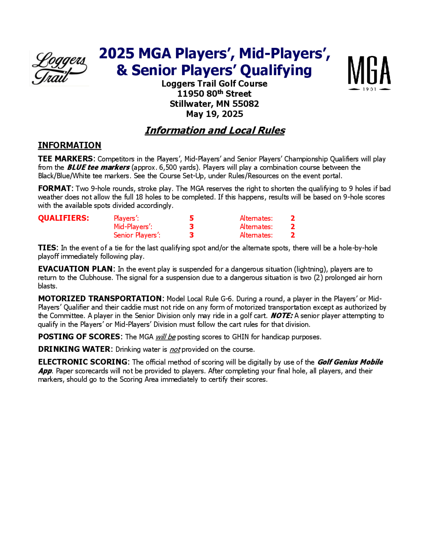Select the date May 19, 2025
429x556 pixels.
[214, 114]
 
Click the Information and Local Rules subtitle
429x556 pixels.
[215, 130]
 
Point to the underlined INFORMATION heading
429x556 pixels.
[69, 145]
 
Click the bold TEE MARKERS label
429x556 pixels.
[66, 159]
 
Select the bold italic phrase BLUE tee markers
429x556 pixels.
[98, 168]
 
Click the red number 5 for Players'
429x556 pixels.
[192, 218]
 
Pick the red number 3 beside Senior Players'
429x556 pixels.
[192, 235]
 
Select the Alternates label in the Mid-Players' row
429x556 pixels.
[256, 227]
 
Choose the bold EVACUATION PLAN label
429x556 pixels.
[76, 269]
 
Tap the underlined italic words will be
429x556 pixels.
[165, 337]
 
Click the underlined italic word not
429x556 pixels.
[175, 350]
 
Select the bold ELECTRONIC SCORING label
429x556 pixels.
[83, 362]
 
